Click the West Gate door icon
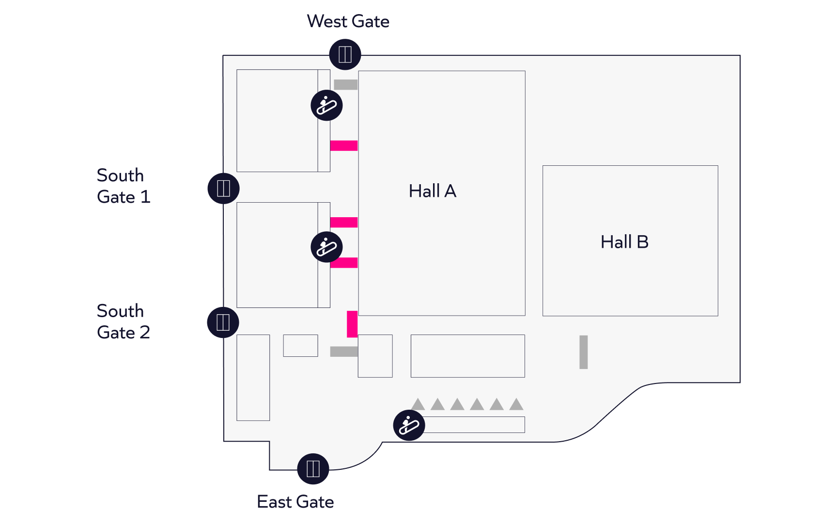345,54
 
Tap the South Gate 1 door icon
223,188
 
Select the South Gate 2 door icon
223,322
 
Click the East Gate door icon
313,469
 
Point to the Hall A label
433,191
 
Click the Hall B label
624,242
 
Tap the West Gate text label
348,21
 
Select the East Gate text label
295,501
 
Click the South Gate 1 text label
124,186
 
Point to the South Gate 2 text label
124,321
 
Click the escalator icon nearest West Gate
326,105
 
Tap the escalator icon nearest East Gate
409,425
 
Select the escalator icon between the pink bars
326,247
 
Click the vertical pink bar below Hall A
352,324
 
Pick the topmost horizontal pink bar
344,145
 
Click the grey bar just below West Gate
346,84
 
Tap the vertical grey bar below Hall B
584,352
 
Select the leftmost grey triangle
418,404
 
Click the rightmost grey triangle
516,404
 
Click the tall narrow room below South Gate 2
253,378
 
